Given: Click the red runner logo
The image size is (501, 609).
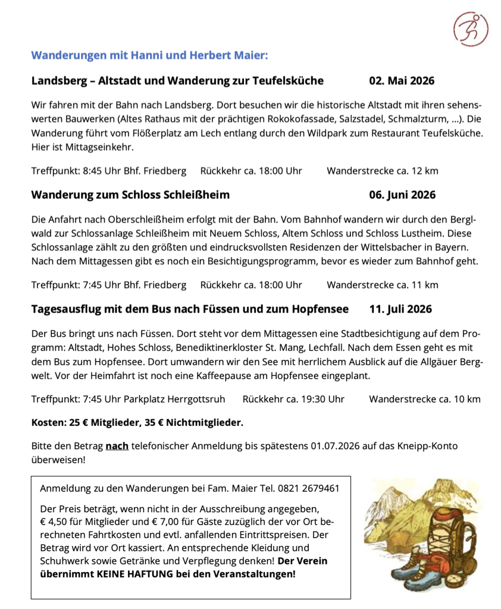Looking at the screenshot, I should pos(470,28).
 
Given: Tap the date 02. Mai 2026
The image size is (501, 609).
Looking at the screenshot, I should pos(402,80).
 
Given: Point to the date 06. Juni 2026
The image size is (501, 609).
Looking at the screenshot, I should pos(402,194).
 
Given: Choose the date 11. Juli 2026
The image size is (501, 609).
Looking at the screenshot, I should pos(400,309).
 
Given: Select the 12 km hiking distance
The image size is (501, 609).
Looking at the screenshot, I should pos(423,171).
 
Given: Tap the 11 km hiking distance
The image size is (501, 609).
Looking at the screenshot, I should pos(423,285).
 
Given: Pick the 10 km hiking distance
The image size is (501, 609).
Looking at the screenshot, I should pos(466,399).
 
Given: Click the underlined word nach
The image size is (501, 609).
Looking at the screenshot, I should pos(117,445).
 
